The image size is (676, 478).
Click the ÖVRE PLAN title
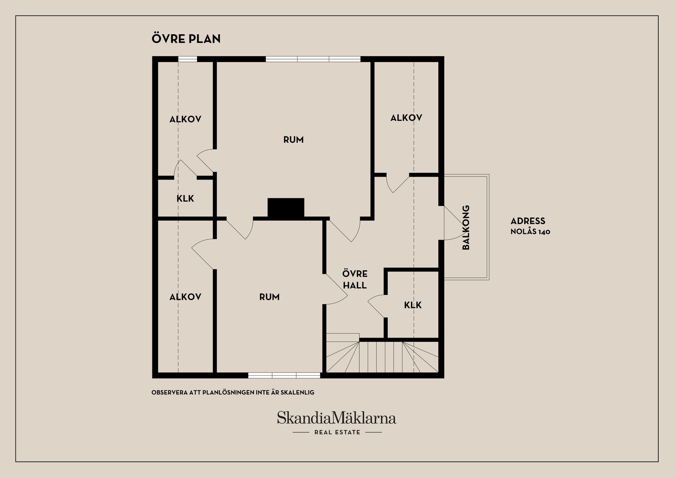coord(186,38)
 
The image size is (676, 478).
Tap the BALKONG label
coord(466,227)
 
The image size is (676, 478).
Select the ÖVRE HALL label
coord(355,279)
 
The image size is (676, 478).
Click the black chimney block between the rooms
coord(286,208)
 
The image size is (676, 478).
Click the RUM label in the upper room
coord(293,140)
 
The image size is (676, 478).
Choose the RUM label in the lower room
coord(269,297)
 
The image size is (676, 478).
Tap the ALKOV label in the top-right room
coord(406,118)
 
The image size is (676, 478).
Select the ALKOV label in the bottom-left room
coord(185,297)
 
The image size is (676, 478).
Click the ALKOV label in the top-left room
coord(185,119)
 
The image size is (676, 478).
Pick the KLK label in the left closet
coord(185,199)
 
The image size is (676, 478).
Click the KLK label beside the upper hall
coord(413,305)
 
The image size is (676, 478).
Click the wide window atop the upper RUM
coord(313,59)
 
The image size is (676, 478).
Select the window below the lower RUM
coord(284,376)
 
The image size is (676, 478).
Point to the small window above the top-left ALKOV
coord(187,59)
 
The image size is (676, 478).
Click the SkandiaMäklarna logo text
coord(337,418)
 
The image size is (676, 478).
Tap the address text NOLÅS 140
coord(530,232)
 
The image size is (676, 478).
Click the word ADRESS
coord(528,221)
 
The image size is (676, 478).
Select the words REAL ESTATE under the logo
coord(337,432)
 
